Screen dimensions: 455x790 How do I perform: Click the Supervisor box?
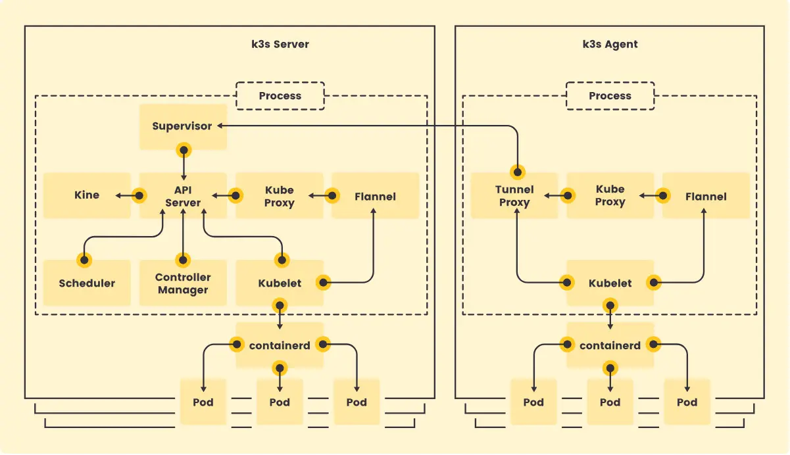point(182,126)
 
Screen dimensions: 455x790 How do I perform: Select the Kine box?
point(87,195)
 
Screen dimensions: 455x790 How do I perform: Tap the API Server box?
point(183,196)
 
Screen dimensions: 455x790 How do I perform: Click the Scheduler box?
point(87,283)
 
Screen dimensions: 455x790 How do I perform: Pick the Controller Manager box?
point(183,283)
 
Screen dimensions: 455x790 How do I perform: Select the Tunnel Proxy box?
point(514,196)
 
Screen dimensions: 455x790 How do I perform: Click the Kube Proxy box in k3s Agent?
point(610,196)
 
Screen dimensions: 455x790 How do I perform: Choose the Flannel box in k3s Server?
point(375,196)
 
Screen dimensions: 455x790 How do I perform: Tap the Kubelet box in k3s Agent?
point(610,283)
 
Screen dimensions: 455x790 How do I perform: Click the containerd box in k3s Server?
point(280,345)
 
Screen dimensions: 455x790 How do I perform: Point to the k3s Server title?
point(280,45)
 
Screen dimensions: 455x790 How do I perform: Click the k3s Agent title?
point(610,45)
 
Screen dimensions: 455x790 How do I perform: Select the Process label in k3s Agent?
point(610,96)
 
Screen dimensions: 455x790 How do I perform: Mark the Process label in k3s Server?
point(280,96)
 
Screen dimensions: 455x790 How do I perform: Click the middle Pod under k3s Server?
point(280,402)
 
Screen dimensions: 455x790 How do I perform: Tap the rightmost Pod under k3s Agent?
point(687,402)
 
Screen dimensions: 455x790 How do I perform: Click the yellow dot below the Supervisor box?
point(184,151)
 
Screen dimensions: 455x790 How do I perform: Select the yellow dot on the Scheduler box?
point(84,260)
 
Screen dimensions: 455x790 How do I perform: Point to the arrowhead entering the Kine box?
point(116,195)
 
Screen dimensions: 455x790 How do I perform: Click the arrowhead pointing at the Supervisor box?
point(220,126)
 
